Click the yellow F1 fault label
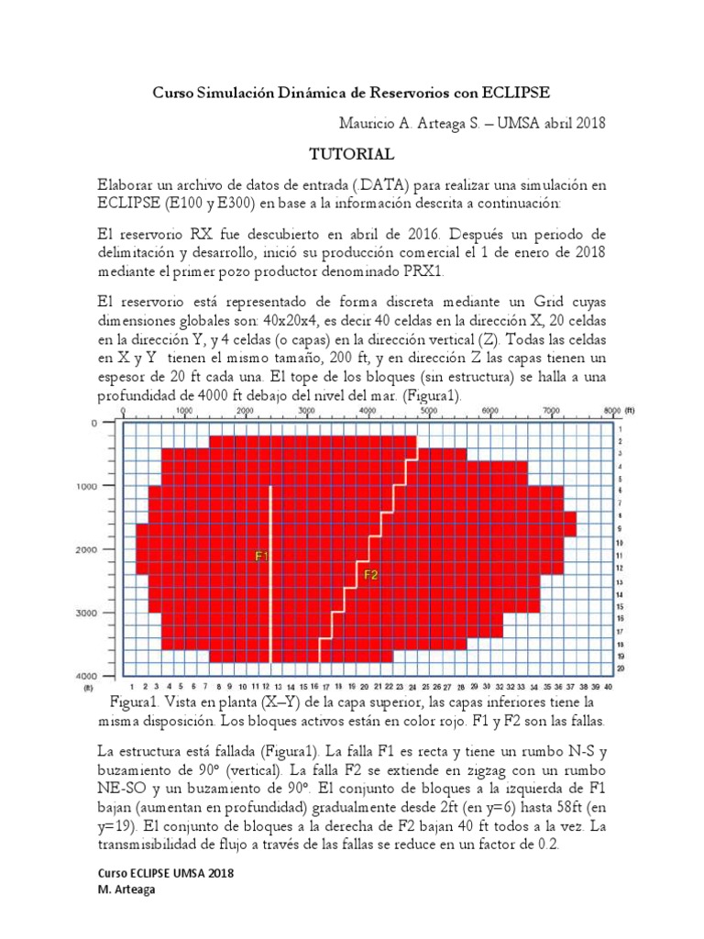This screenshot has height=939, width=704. point(261,556)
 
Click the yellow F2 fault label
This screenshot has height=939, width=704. point(371,576)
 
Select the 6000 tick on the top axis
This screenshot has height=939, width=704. point(489,412)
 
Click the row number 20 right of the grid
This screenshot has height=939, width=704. point(621,668)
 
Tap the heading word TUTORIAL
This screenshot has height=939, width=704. point(351,154)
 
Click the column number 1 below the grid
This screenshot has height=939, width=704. point(133,686)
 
